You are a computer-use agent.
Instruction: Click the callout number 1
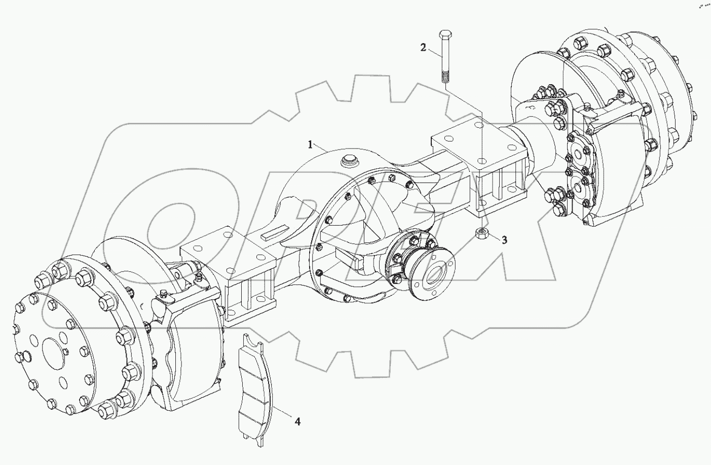(310, 145)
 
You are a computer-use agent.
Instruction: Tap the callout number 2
(423, 48)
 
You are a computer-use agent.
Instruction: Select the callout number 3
(504, 240)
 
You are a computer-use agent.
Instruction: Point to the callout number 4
(297, 421)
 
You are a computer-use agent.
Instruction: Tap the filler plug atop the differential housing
(349, 161)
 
